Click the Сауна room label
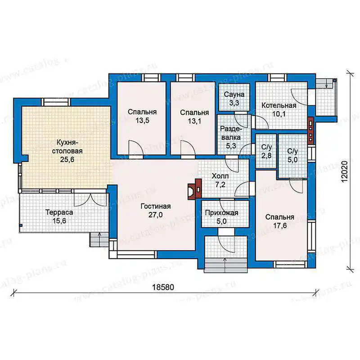234,94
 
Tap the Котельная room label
279,105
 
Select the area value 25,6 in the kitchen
67,159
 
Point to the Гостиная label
155,206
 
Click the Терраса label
59,212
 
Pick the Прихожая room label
221,213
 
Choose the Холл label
220,176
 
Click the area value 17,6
280,226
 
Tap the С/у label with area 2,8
266,147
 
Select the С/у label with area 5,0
292,151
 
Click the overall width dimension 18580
163,287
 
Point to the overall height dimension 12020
345,171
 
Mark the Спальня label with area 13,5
142,112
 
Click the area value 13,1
194,121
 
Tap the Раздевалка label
231,133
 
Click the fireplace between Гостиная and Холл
195,189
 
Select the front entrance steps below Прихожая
226,265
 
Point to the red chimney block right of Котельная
310,130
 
